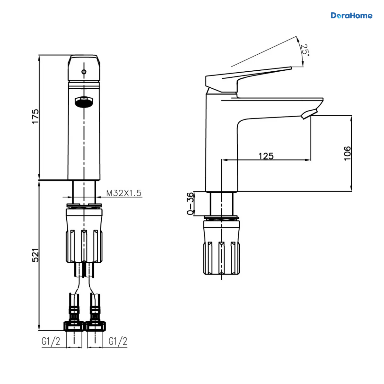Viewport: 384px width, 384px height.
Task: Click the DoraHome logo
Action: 351,16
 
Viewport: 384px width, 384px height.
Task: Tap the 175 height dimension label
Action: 36,116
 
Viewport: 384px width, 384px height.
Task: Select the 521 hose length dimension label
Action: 36,255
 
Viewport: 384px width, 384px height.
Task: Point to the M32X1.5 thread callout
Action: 124,193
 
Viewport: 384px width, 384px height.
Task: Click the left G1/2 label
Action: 51,341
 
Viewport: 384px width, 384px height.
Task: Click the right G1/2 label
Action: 118,341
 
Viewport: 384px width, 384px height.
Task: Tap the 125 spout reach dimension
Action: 266,156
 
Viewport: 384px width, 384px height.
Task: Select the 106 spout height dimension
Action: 347,153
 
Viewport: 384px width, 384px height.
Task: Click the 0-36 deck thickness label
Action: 190,204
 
